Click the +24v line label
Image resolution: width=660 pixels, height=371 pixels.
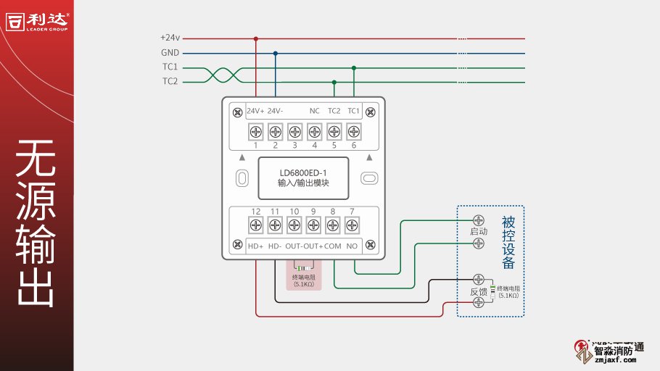(x=169, y=38)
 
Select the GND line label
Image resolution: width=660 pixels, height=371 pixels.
(x=170, y=53)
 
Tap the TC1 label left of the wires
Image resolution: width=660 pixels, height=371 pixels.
(x=170, y=67)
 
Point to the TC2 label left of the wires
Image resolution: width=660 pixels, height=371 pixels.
(x=170, y=82)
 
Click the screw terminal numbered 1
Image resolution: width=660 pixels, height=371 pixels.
(x=255, y=132)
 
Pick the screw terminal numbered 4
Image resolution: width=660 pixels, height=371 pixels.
(x=314, y=132)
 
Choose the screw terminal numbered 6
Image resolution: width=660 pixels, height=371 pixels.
(x=353, y=132)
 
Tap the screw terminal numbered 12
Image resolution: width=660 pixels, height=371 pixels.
(x=255, y=225)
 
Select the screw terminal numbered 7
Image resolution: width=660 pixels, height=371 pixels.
(x=352, y=225)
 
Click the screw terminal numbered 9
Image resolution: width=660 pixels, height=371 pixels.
(x=313, y=225)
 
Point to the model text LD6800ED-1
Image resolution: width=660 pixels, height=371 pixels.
(x=303, y=172)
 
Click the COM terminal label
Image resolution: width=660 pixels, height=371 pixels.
(x=332, y=246)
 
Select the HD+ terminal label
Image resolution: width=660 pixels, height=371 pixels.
(x=255, y=246)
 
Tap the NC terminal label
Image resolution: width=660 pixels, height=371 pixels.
(x=314, y=111)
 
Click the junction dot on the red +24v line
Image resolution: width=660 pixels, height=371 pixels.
(x=255, y=38)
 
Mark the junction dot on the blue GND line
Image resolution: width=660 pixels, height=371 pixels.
(x=275, y=53)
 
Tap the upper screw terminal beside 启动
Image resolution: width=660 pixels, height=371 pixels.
(x=478, y=220)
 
